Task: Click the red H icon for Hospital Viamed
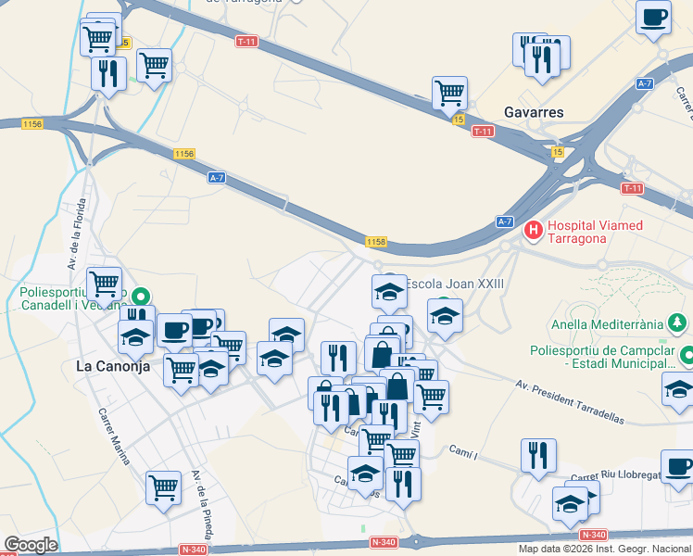[x=533, y=229]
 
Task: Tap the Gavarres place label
[x=534, y=112]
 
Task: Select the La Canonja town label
[x=112, y=366]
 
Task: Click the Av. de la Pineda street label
[x=201, y=505]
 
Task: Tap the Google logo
[x=31, y=545]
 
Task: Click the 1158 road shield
[x=375, y=242]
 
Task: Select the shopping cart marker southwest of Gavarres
[x=449, y=92]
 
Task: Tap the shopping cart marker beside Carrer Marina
[x=164, y=485]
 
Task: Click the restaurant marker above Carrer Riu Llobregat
[x=538, y=454]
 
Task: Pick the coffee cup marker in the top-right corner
[x=654, y=17]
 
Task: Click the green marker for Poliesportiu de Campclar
[x=687, y=355]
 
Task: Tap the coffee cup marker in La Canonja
[x=174, y=330]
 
